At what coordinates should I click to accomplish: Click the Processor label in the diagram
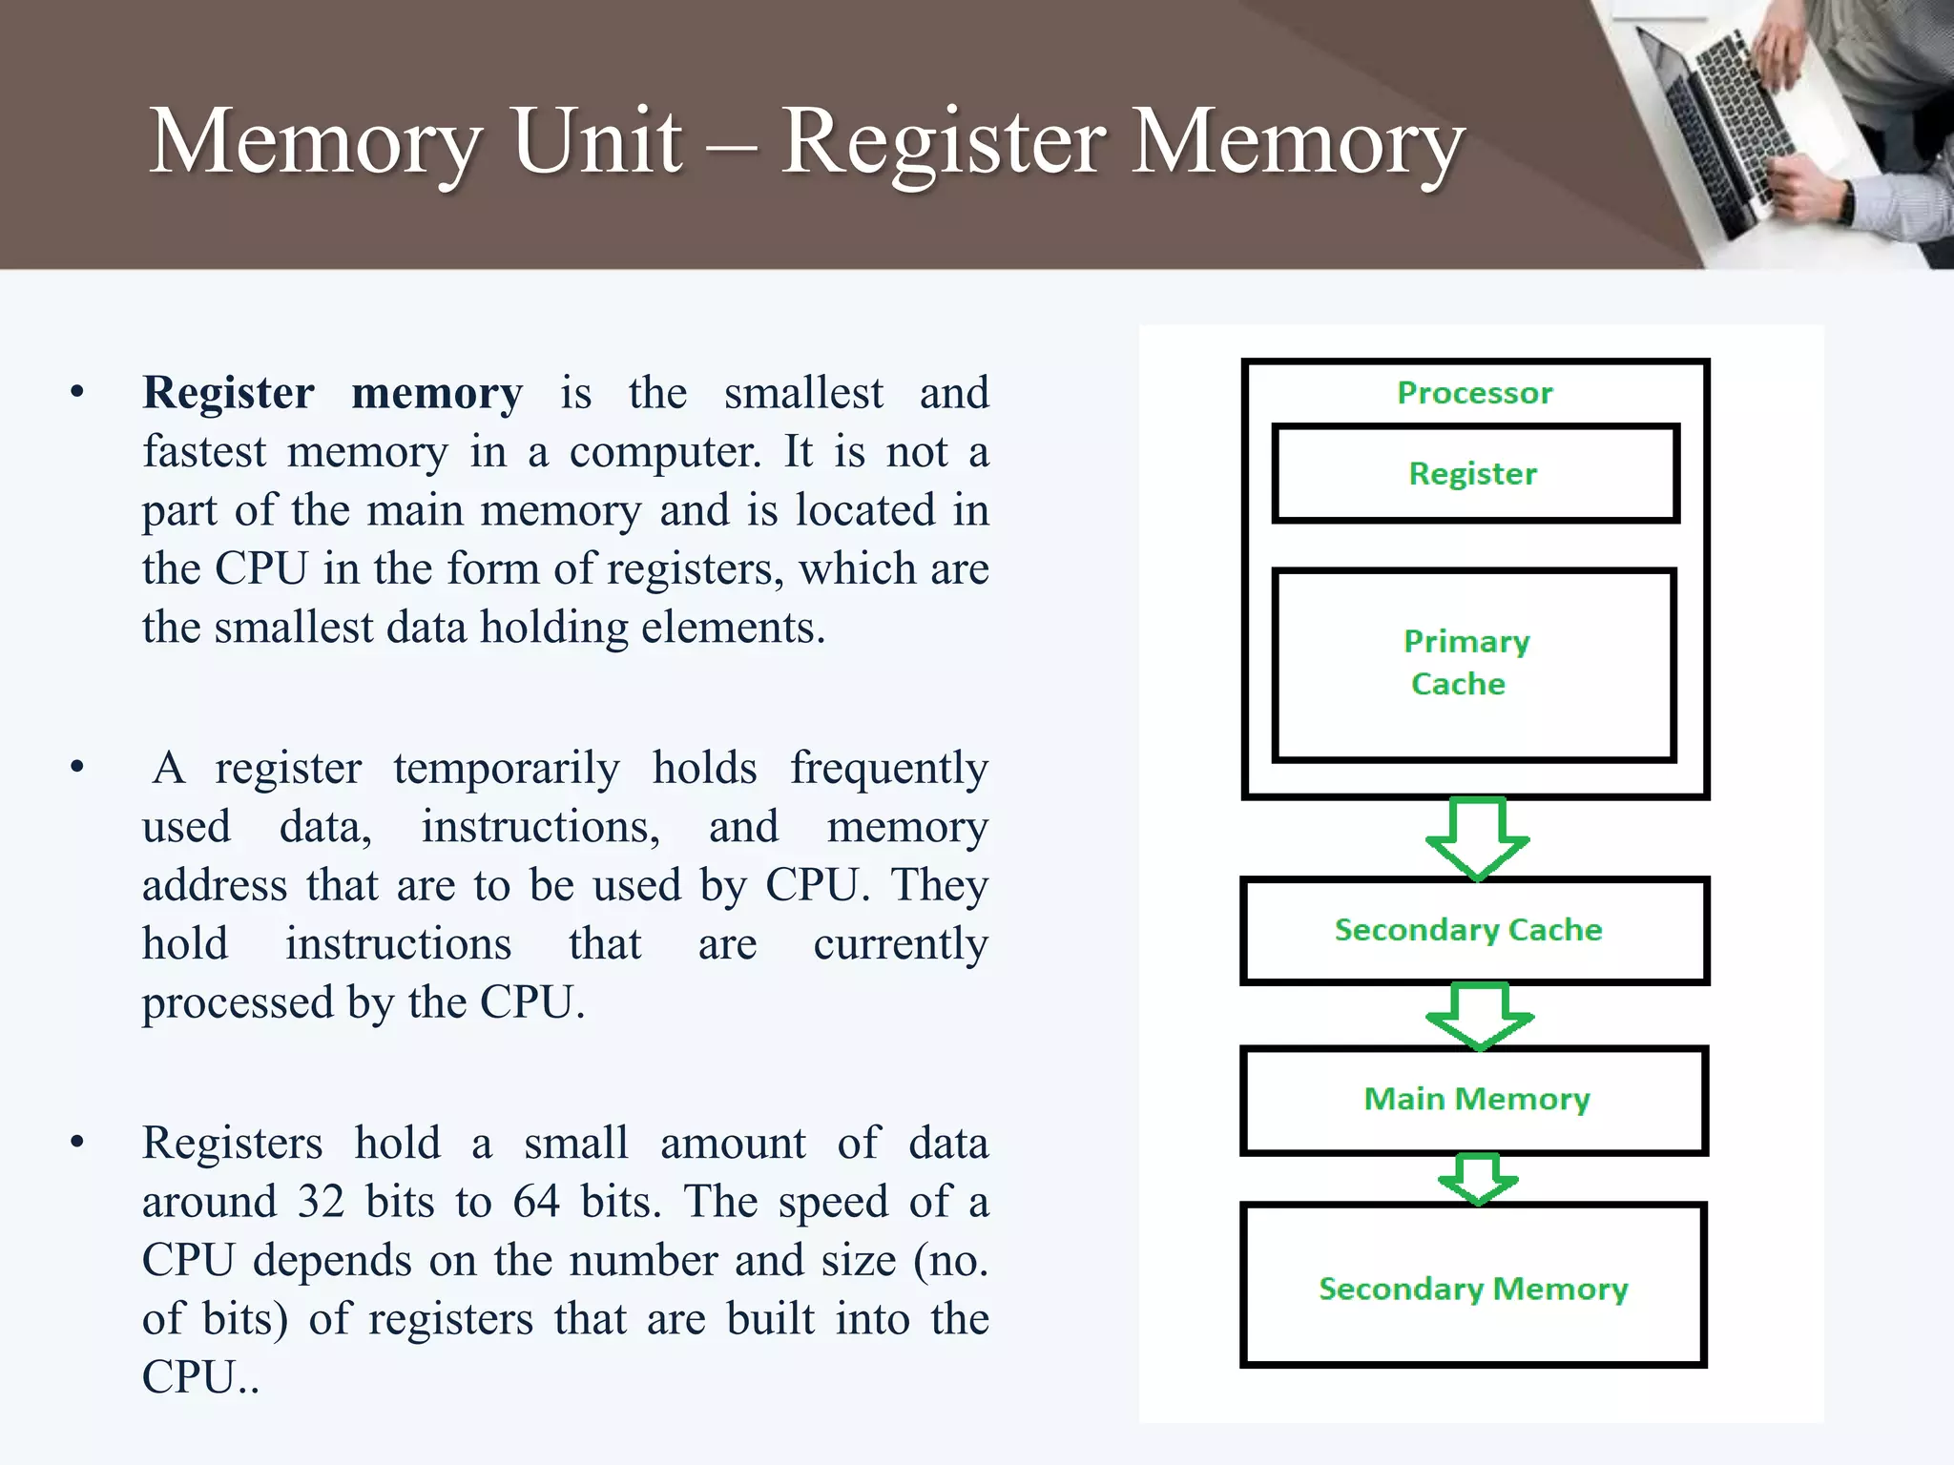pos(1474,393)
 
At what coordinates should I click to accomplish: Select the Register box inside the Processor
pos(1475,474)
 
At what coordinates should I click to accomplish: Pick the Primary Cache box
pos(1474,664)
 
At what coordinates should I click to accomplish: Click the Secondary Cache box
pos(1473,930)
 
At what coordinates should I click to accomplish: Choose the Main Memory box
pos(1475,1100)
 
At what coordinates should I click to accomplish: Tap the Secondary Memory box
pos(1473,1287)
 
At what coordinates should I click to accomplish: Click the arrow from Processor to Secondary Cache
pos(1477,837)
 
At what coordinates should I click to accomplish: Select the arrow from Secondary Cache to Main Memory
pos(1479,1016)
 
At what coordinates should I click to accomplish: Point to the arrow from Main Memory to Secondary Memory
pos(1478,1179)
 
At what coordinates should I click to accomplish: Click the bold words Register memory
pos(332,393)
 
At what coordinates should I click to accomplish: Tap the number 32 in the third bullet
pos(321,1202)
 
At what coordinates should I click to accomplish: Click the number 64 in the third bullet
pos(536,1202)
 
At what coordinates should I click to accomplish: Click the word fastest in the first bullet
pos(204,452)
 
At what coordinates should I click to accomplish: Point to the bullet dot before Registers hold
pos(77,1143)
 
